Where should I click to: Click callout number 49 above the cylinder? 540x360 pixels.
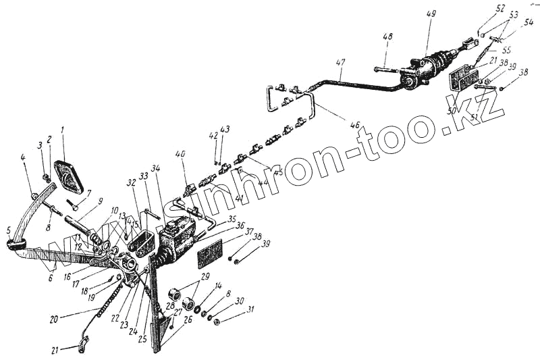click(431, 14)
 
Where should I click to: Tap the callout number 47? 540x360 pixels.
click(340, 62)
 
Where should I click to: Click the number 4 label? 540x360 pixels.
click(22, 157)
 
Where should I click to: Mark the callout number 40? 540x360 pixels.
click(180, 155)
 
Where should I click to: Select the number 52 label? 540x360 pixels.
click(500, 8)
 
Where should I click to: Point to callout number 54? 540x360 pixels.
click(529, 22)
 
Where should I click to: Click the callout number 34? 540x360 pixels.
click(155, 168)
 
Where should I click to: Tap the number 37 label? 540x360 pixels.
click(249, 232)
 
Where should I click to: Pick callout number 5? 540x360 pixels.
click(9, 230)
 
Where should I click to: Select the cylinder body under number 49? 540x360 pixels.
click(425, 72)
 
